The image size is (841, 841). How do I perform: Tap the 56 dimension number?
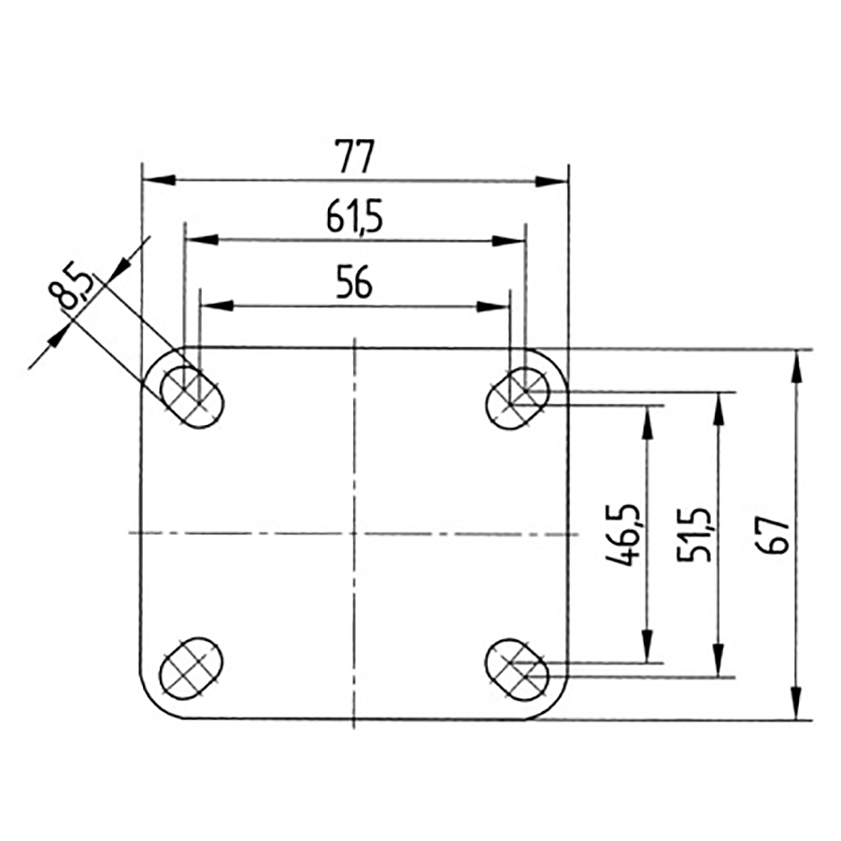[355, 282]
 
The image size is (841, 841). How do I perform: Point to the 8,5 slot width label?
[74, 289]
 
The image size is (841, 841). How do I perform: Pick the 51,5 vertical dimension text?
[694, 535]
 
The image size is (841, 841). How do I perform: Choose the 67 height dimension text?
[777, 535]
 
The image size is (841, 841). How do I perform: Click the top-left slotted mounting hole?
[192, 396]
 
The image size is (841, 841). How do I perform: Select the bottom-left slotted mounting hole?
[192, 667]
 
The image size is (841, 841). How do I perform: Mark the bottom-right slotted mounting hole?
[517, 667]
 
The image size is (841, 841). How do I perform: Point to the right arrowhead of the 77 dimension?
[553, 181]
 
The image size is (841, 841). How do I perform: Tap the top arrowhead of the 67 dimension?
[796, 364]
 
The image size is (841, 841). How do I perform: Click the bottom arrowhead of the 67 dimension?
[796, 706]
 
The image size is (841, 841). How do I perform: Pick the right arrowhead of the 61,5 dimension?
[509, 241]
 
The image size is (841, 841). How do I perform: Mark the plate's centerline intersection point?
[355, 533]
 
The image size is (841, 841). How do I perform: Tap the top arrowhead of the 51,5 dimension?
[719, 407]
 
